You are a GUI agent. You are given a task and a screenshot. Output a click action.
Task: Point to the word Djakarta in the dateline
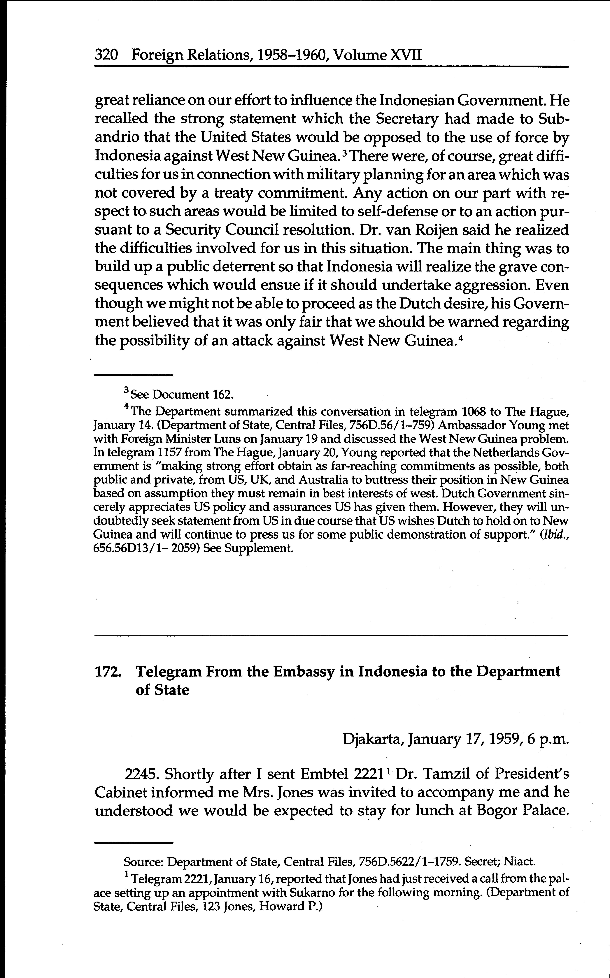373,739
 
